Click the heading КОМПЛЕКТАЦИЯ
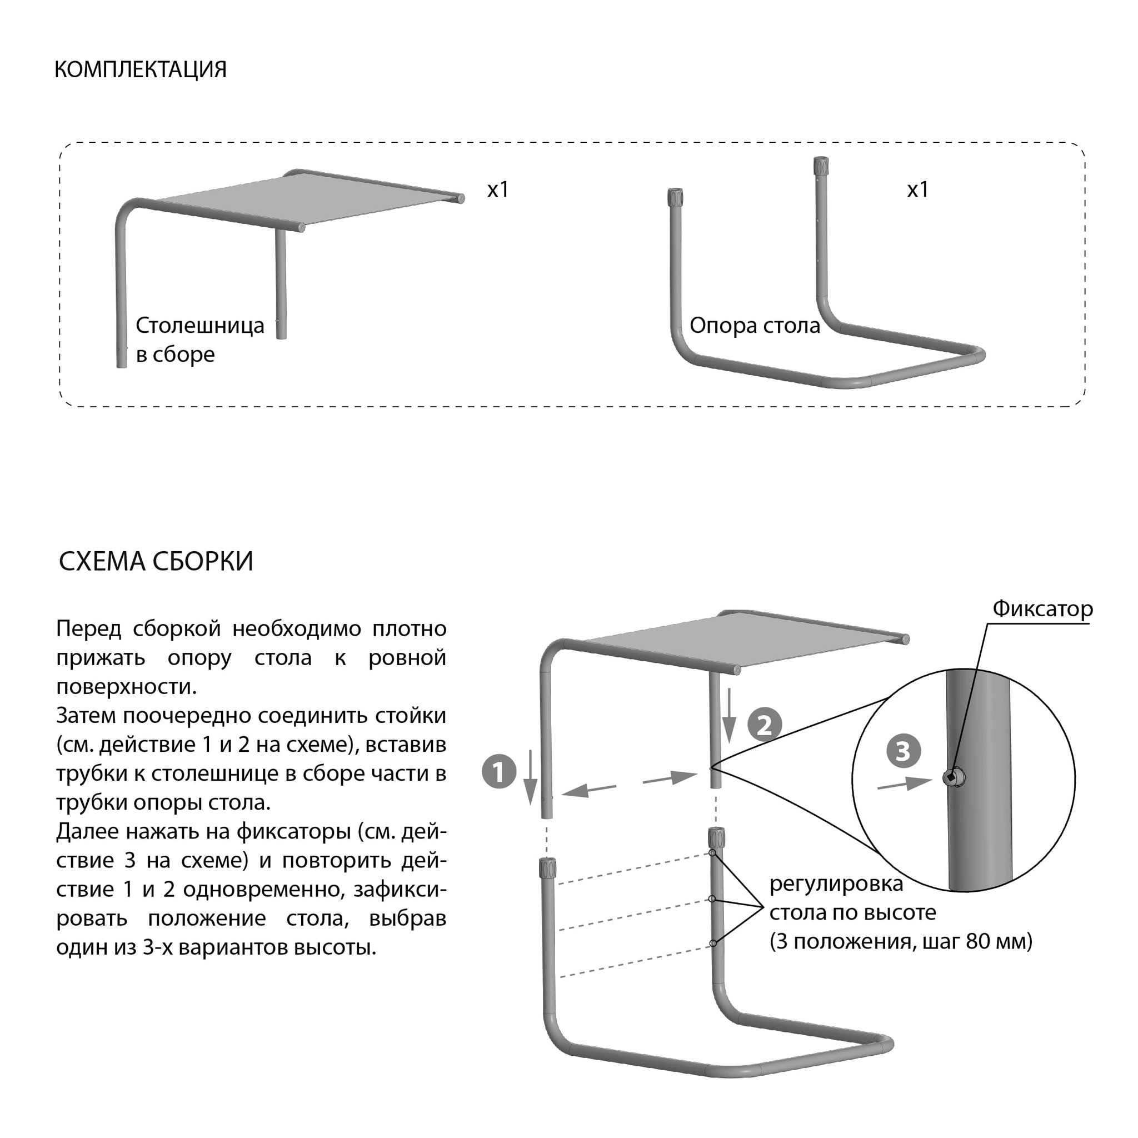[140, 69]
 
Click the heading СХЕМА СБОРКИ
[156, 561]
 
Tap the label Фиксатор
[1042, 608]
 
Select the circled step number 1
[499, 772]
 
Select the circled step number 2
[765, 725]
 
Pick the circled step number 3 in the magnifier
[903, 751]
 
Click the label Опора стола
[755, 325]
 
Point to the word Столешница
[200, 325]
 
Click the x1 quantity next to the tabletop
[498, 189]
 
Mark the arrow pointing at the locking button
[904, 784]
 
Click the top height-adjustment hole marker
[713, 853]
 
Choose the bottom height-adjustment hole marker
[713, 943]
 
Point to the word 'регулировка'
[836, 884]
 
